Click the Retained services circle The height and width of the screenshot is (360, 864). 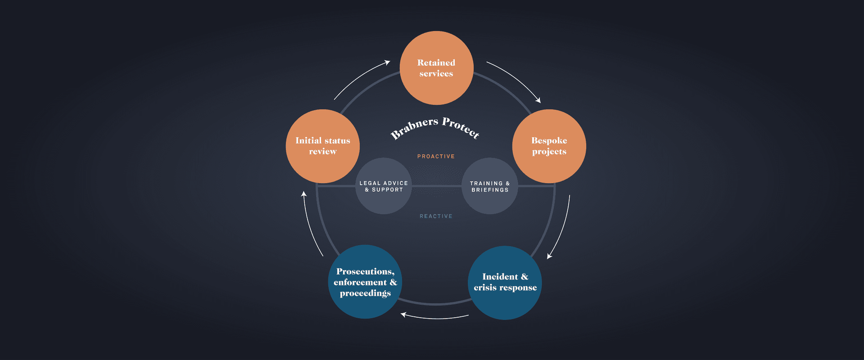coord(436,68)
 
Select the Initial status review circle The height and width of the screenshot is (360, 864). coord(322,146)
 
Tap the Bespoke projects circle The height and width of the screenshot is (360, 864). coord(549,146)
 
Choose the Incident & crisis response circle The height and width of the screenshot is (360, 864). coord(505,283)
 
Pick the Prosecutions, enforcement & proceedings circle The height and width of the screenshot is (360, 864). coord(365,282)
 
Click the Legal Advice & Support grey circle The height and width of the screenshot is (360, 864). coord(384,186)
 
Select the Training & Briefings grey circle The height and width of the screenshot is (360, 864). coord(490,186)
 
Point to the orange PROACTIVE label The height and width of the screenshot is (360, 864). coord(436,157)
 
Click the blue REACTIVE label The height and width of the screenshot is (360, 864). coord(436,216)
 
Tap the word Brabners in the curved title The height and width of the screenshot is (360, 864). coord(414,127)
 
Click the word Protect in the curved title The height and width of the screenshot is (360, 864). coord(461,127)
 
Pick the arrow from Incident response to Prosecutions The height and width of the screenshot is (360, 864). coord(434,318)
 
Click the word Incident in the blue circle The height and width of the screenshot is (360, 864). coord(500,277)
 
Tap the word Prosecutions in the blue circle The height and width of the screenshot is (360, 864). coord(365,271)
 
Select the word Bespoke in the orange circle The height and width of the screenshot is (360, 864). coord(549,140)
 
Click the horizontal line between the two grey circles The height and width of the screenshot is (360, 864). coord(436,185)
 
